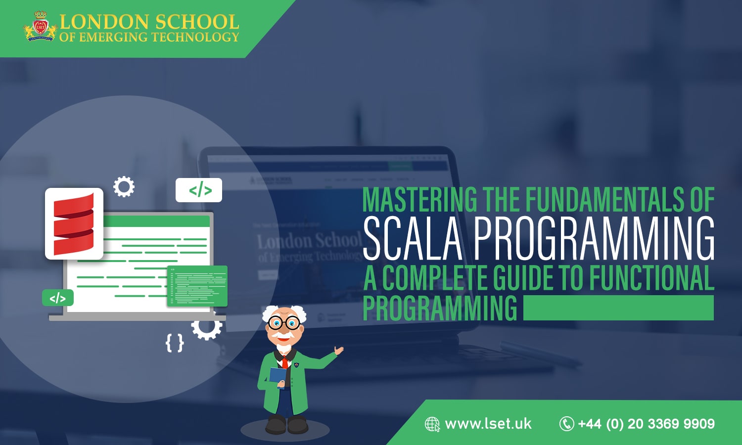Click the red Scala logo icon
point(74,223)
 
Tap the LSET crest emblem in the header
point(40,28)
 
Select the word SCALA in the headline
point(413,239)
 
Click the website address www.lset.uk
point(488,424)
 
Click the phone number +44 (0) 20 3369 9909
point(646,424)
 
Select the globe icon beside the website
point(432,424)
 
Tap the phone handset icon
point(566,424)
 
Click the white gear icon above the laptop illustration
point(124,187)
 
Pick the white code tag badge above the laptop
point(199,190)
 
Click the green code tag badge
point(58,298)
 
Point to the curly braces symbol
point(175,343)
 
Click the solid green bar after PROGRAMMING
point(618,308)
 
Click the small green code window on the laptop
point(197,286)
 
